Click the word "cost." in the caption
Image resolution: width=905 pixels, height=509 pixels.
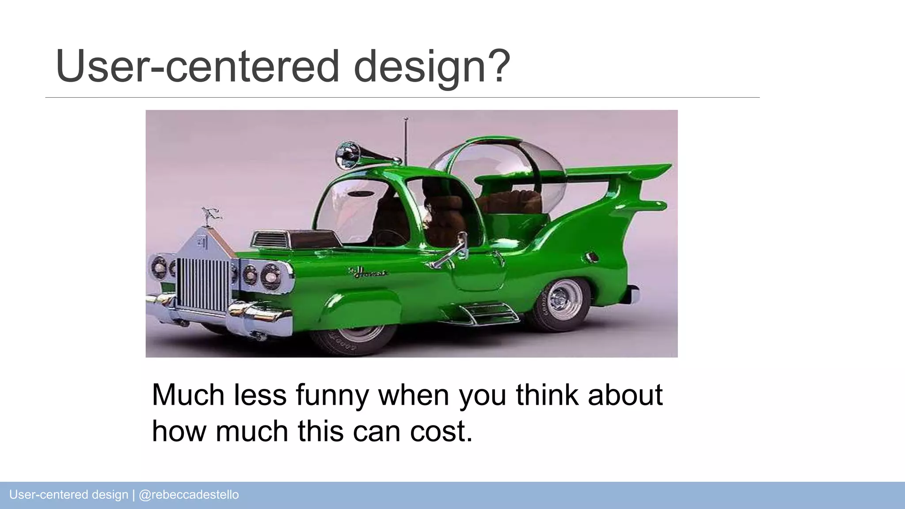tap(441, 431)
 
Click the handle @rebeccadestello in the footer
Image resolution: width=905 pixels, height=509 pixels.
tap(189, 494)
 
